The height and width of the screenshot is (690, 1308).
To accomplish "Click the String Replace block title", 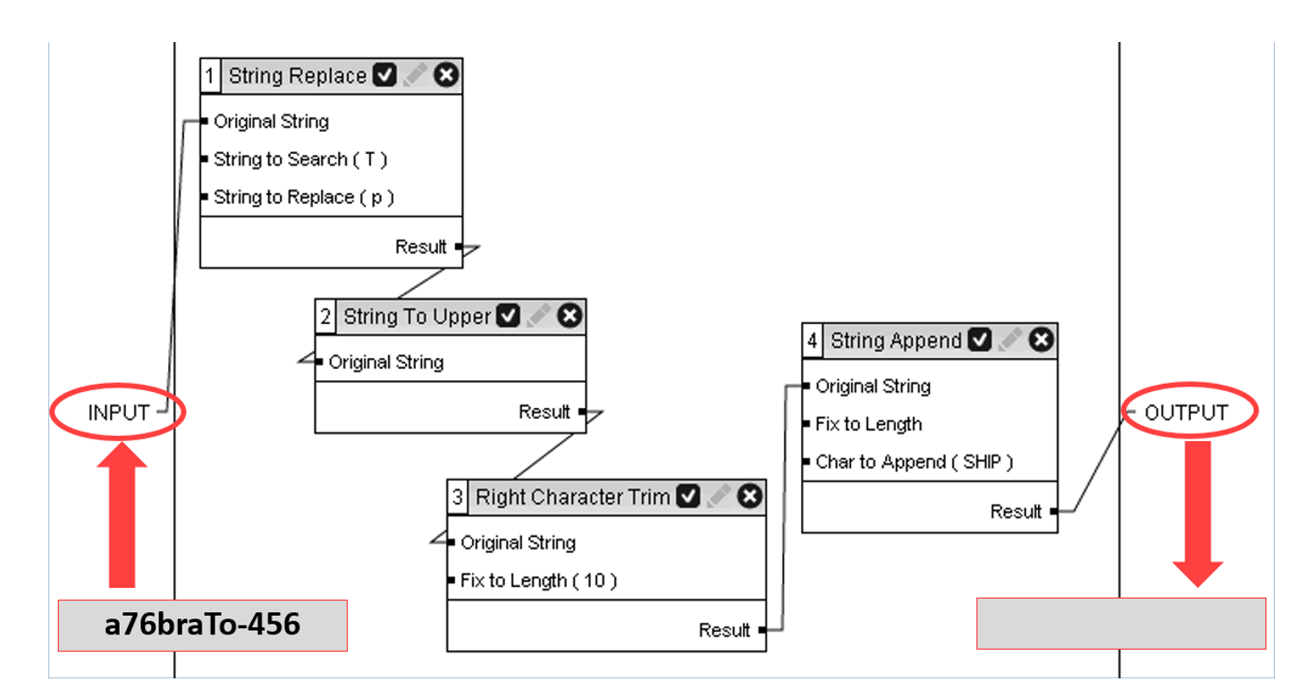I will tap(297, 76).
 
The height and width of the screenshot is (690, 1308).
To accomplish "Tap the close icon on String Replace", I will tap(446, 76).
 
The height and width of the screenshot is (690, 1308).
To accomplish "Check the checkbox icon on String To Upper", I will tap(508, 316).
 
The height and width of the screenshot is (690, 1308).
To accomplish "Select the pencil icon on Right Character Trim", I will tap(719, 497).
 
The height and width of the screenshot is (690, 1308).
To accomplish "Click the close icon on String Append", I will tap(1041, 340).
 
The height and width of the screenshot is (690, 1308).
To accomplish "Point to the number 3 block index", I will tap(458, 497).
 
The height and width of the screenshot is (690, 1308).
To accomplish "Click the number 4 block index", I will tap(812, 341).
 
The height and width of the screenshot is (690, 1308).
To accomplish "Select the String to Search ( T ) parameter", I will tap(300, 159).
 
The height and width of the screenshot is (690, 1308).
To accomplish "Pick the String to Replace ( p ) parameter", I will tap(303, 198).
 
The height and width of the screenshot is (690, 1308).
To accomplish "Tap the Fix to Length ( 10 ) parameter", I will tap(538, 581).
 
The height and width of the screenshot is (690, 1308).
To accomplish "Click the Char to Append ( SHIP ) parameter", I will tap(914, 463).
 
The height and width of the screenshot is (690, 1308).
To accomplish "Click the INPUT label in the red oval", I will tap(118, 413).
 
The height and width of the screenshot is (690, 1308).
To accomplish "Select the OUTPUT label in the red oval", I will tap(1186, 413).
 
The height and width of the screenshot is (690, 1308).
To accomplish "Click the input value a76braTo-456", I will tap(202, 625).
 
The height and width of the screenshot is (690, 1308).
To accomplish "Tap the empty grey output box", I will tap(1120, 623).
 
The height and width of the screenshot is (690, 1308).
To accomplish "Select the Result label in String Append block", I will tap(1016, 512).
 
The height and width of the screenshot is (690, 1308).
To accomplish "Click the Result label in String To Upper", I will tap(544, 413).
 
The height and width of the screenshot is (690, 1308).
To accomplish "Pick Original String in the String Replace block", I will tap(271, 122).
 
